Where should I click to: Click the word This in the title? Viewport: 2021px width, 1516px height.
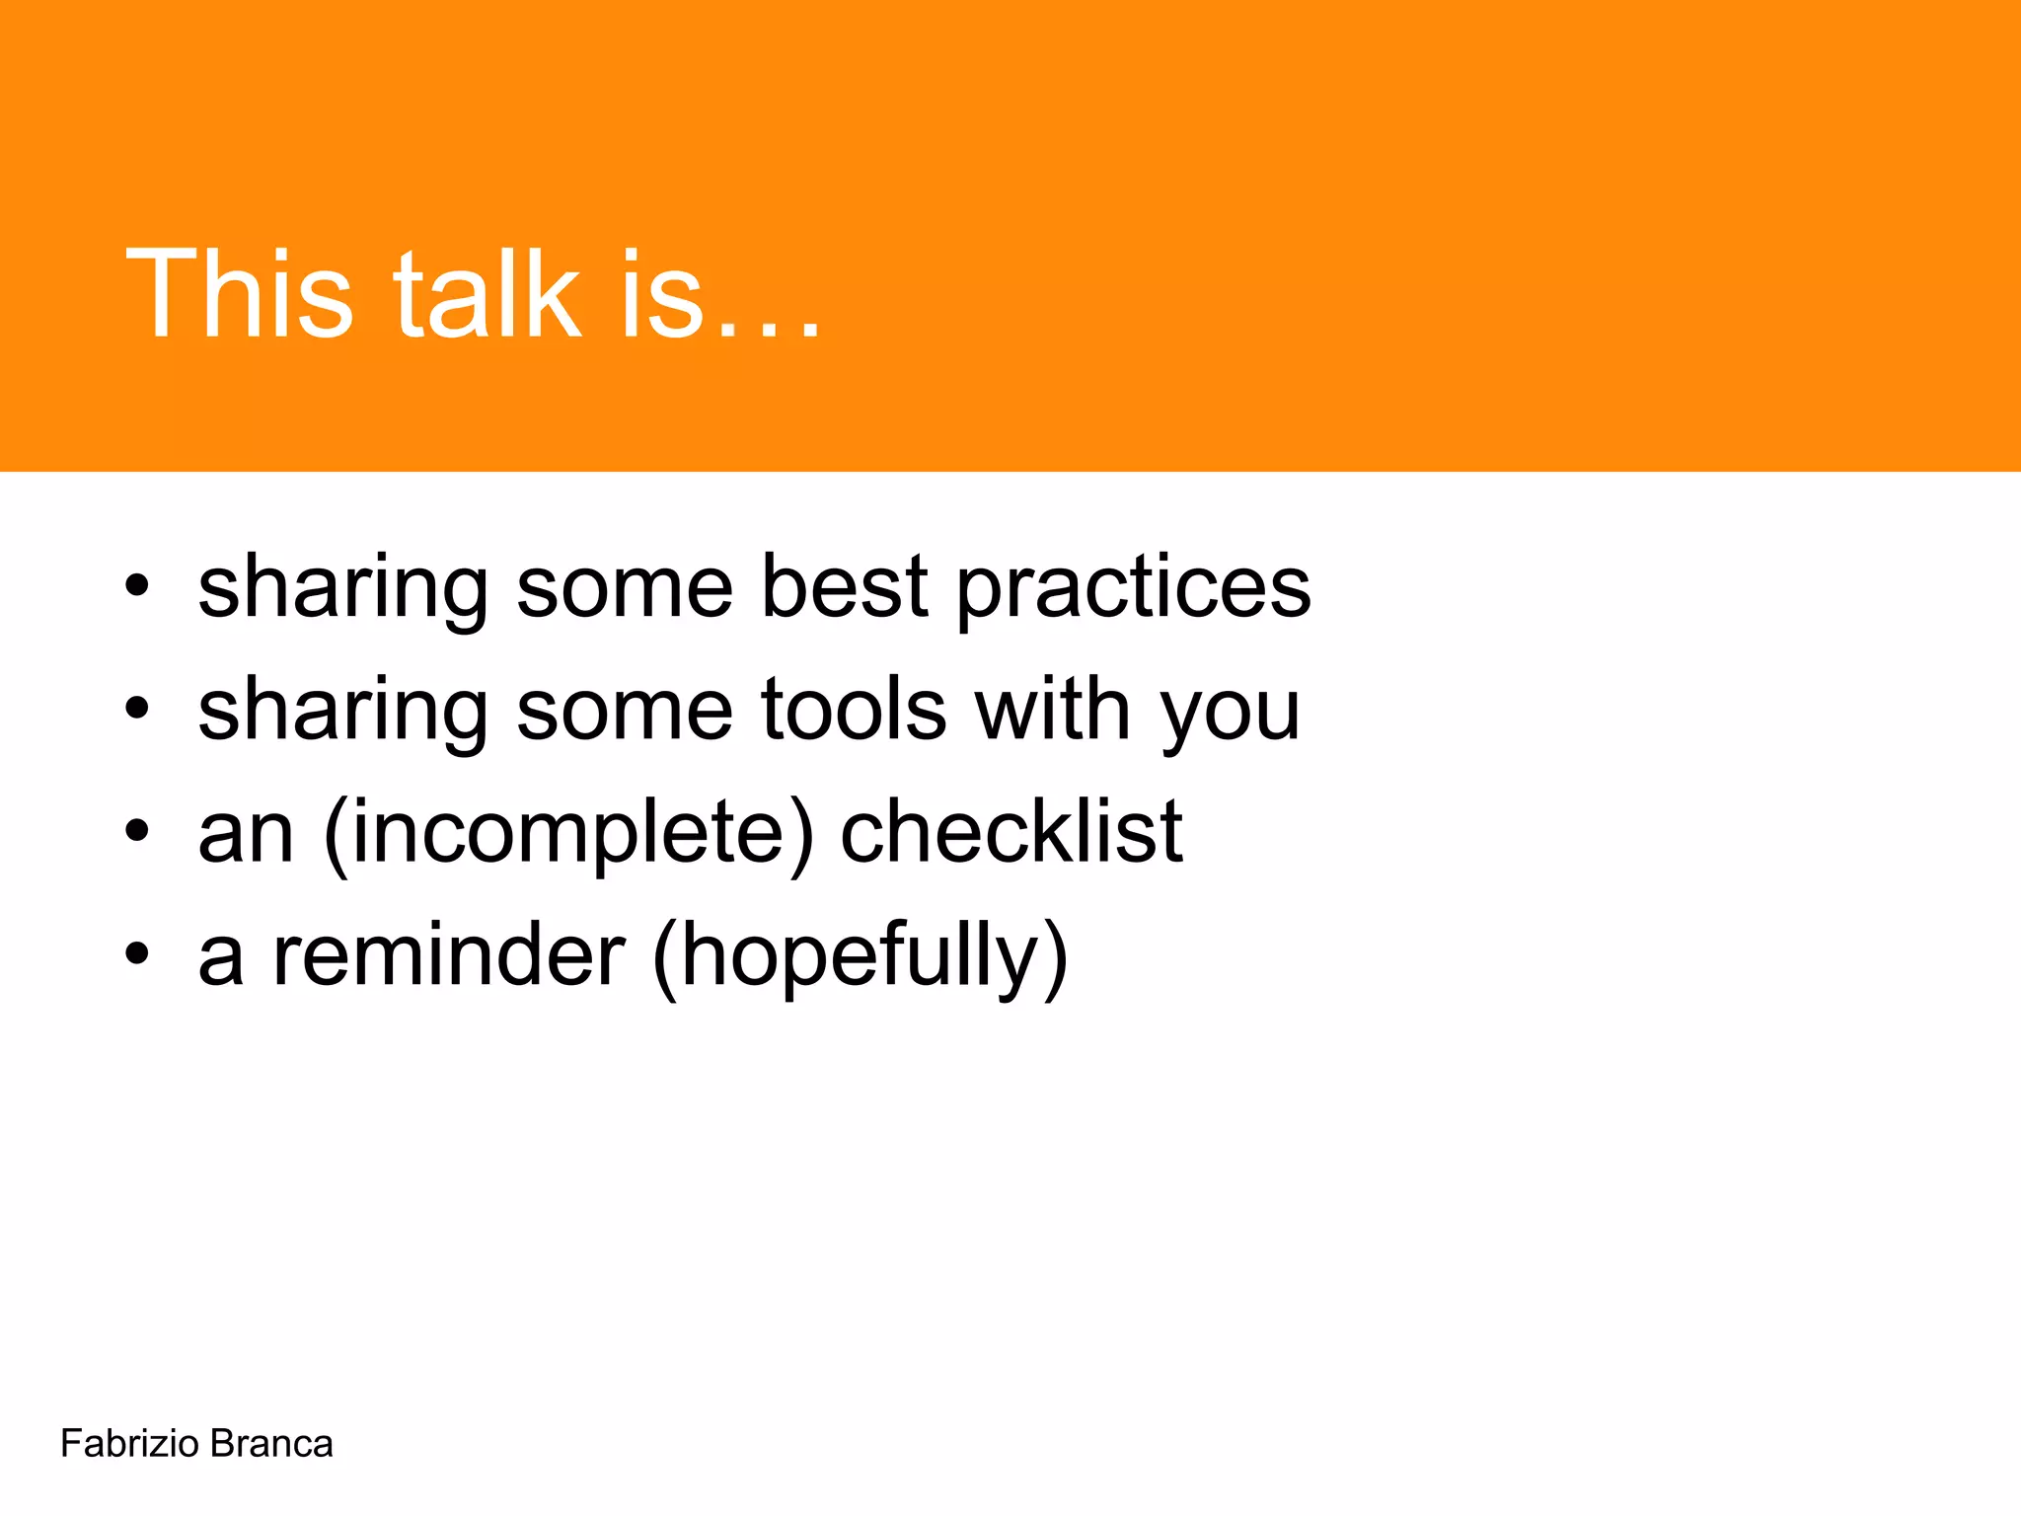(238, 293)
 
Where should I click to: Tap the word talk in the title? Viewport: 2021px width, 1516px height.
(487, 293)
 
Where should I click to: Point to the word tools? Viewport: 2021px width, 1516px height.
(854, 710)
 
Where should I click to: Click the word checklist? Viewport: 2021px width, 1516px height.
(1010, 832)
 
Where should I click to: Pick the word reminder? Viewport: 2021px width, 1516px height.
(449, 955)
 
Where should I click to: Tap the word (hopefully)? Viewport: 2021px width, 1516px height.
(860, 957)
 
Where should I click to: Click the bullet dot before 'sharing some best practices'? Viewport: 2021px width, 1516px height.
(137, 586)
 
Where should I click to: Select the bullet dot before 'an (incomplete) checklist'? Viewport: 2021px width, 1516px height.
(137, 832)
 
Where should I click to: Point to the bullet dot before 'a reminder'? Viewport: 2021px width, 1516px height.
(137, 954)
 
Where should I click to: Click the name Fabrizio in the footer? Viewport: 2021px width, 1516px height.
(129, 1444)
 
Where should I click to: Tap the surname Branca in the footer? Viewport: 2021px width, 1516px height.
(271, 1444)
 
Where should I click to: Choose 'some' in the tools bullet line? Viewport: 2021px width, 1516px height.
(625, 712)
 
